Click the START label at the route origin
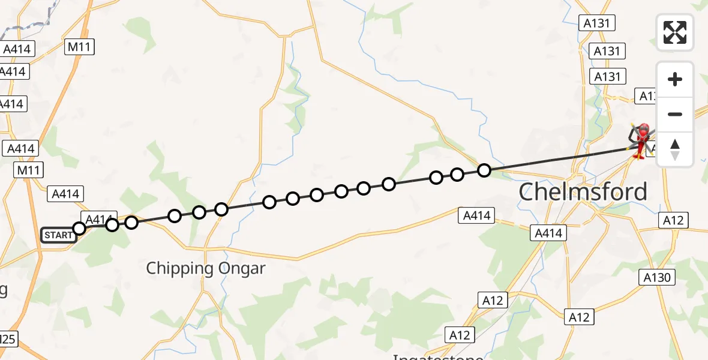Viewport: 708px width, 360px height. [58, 235]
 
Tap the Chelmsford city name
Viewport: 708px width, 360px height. [583, 192]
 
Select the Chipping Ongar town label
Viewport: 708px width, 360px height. [205, 268]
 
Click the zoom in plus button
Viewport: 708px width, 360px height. [675, 79]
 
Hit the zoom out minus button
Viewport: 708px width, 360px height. [675, 114]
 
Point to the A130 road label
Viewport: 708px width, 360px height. [658, 277]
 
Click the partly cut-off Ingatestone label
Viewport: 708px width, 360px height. [438, 356]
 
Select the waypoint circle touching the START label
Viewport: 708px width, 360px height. [79, 228]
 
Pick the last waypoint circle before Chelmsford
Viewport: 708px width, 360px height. [484, 170]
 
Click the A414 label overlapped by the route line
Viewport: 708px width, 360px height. [97, 220]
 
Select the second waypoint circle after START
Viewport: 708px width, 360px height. [131, 223]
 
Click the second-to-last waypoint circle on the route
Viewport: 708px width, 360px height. [457, 175]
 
